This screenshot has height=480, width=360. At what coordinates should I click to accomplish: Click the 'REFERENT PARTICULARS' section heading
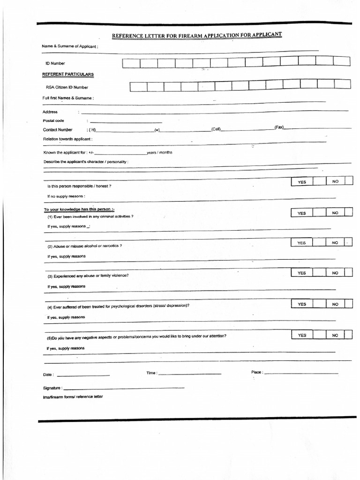68,75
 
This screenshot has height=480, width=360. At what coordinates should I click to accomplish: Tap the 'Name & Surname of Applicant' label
70,46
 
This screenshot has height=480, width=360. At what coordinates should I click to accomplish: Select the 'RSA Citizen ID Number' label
67,87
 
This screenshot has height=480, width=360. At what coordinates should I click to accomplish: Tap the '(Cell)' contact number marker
216,129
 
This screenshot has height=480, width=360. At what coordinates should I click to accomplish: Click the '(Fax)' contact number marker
279,127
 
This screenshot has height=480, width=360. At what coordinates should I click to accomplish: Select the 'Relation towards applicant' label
67,139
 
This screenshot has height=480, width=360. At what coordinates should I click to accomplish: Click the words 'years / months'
159,153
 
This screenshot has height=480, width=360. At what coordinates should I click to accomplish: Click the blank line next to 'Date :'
83,375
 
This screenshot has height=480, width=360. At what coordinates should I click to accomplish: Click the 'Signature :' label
52,389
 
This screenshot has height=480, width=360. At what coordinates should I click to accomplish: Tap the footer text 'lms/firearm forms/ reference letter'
73,397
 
